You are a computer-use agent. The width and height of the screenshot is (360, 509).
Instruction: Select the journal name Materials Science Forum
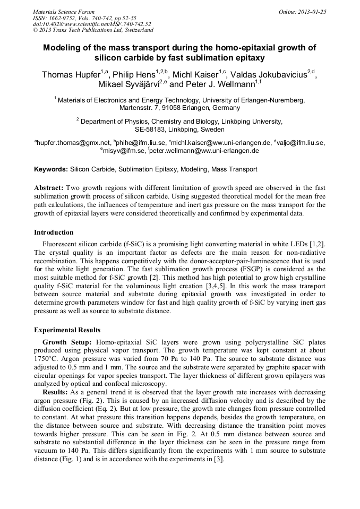pos(64,11)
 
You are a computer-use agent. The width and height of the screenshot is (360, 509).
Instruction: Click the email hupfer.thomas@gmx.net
pos(73,142)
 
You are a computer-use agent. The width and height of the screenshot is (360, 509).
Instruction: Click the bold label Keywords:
pos(51,170)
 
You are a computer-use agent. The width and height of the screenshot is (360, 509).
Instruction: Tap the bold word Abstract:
pos(49,188)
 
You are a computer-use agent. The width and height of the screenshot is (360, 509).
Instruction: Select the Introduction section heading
pos(54,232)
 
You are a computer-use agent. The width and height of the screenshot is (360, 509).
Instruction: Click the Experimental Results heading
pos(67,330)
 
